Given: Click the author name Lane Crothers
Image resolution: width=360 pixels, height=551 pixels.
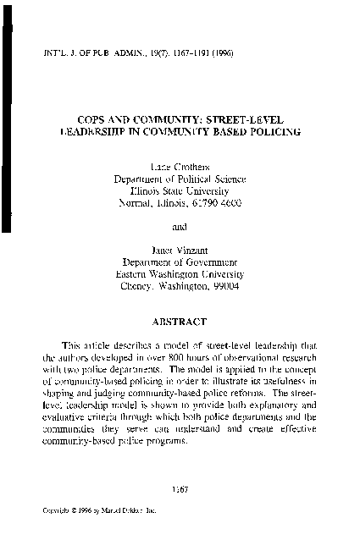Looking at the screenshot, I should (x=179, y=165).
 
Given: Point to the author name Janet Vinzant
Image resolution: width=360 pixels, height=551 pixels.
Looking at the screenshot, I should (x=179, y=250).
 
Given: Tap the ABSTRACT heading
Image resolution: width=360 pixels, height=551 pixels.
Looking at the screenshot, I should (x=179, y=322).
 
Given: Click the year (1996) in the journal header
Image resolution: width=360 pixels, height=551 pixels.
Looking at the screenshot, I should (x=219, y=53).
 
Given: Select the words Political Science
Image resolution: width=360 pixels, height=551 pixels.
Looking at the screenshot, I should (x=211, y=178).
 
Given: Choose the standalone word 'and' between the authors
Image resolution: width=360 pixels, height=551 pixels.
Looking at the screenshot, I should (x=179, y=226).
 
